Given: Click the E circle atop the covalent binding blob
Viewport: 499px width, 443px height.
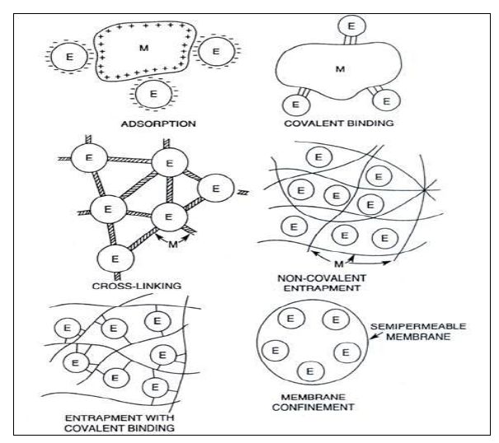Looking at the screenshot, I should click(351, 27).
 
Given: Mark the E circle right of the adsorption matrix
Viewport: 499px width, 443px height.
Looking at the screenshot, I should click(216, 51).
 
